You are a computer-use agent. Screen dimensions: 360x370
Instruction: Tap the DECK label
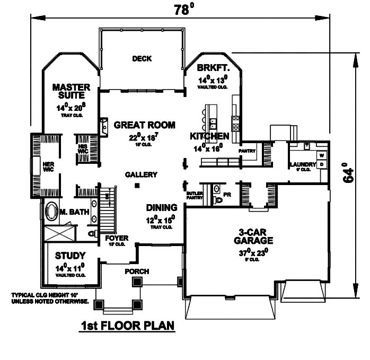[142, 59]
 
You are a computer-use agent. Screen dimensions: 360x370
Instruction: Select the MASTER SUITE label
[71, 91]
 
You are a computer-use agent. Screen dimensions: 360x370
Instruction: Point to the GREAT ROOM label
[144, 125]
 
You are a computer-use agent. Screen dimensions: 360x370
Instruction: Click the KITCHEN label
[209, 136]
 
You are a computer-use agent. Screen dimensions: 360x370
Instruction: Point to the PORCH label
[137, 271]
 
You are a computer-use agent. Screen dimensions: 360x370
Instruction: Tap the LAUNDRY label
[302, 164]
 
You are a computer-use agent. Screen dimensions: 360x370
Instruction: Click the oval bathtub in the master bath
[52, 212]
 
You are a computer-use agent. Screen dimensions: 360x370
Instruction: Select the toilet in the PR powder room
[217, 200]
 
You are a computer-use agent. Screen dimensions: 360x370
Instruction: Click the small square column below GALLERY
[137, 186]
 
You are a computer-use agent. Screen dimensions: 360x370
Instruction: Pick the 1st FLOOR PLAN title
[128, 325]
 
